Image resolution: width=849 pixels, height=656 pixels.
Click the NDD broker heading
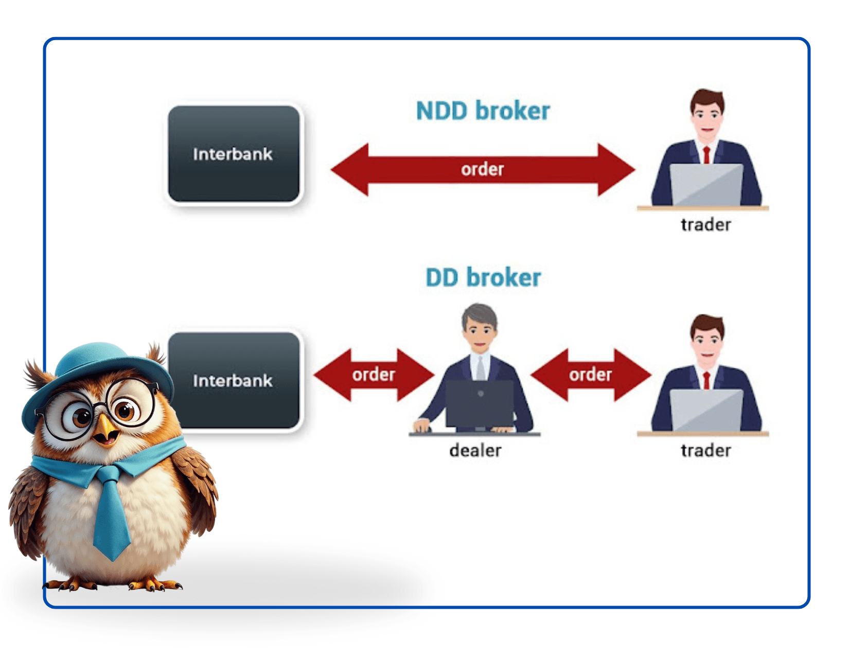[483, 111]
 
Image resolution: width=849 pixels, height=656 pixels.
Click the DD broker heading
[483, 278]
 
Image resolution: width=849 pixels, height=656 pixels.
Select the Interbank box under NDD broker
[234, 154]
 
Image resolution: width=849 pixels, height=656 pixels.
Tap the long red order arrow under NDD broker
[483, 170]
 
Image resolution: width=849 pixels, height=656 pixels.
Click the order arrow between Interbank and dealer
[374, 375]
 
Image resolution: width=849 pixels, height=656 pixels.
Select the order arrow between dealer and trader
[591, 375]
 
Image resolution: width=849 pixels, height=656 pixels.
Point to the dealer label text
[475, 451]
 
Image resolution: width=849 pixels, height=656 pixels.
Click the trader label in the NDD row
[705, 225]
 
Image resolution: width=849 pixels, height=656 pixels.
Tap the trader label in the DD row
[705, 451]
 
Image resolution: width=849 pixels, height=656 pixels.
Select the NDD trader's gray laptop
[706, 185]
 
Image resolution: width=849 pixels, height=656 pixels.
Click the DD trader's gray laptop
[706, 410]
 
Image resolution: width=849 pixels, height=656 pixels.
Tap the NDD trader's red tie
[706, 154]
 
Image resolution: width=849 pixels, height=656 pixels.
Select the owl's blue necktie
[111, 515]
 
